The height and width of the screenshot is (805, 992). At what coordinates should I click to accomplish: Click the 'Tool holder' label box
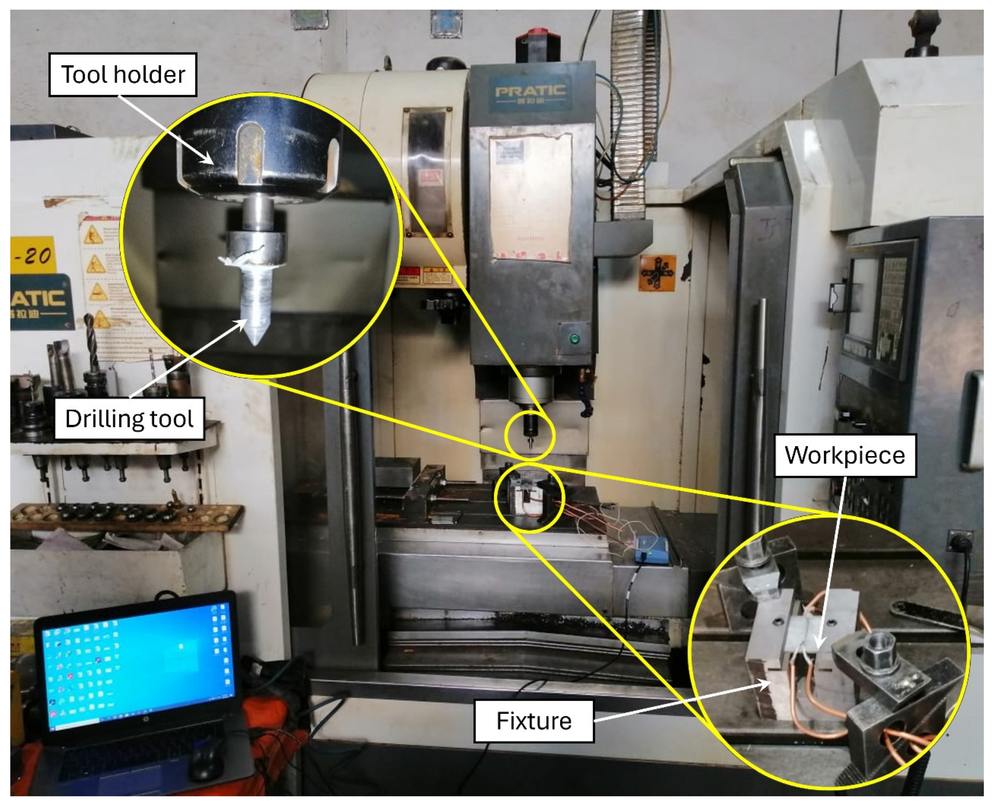[x=123, y=75]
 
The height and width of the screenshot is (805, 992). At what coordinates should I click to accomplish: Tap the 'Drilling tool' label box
[x=130, y=419]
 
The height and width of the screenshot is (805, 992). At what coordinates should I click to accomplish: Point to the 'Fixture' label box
[x=533, y=721]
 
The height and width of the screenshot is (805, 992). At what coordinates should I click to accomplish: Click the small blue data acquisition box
[x=653, y=550]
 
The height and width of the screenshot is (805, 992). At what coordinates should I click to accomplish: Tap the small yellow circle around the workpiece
[x=529, y=497]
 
